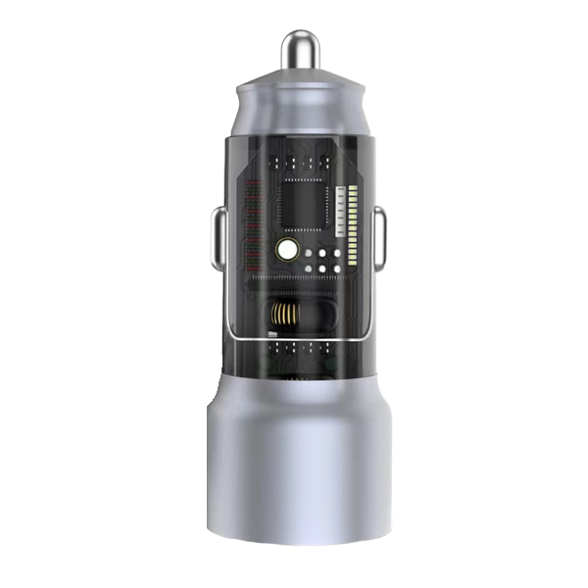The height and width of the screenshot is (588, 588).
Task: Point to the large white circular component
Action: point(287,250)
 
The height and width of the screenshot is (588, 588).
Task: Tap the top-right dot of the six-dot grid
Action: point(336,253)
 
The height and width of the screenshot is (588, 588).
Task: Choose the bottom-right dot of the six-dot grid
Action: point(336,266)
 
